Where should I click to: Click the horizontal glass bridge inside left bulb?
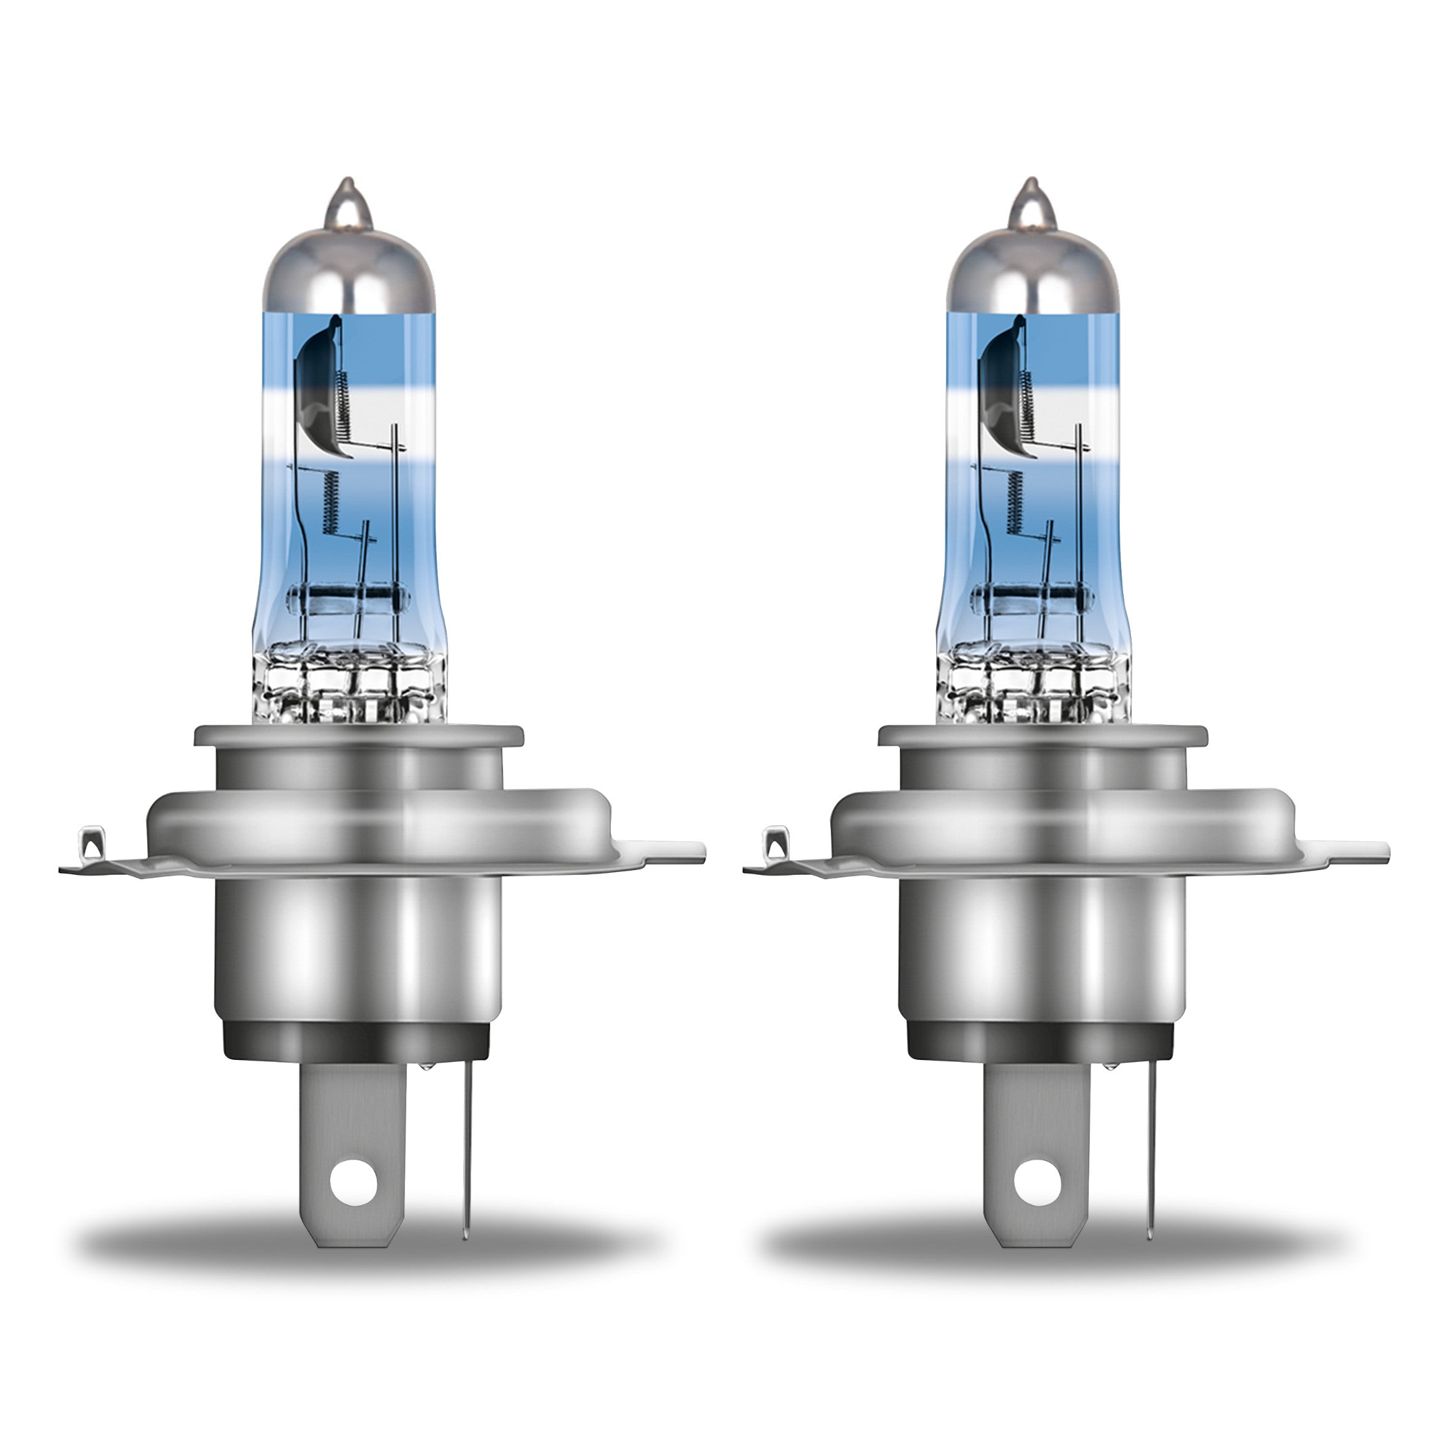(349, 600)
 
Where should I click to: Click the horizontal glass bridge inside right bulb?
(1033, 600)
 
